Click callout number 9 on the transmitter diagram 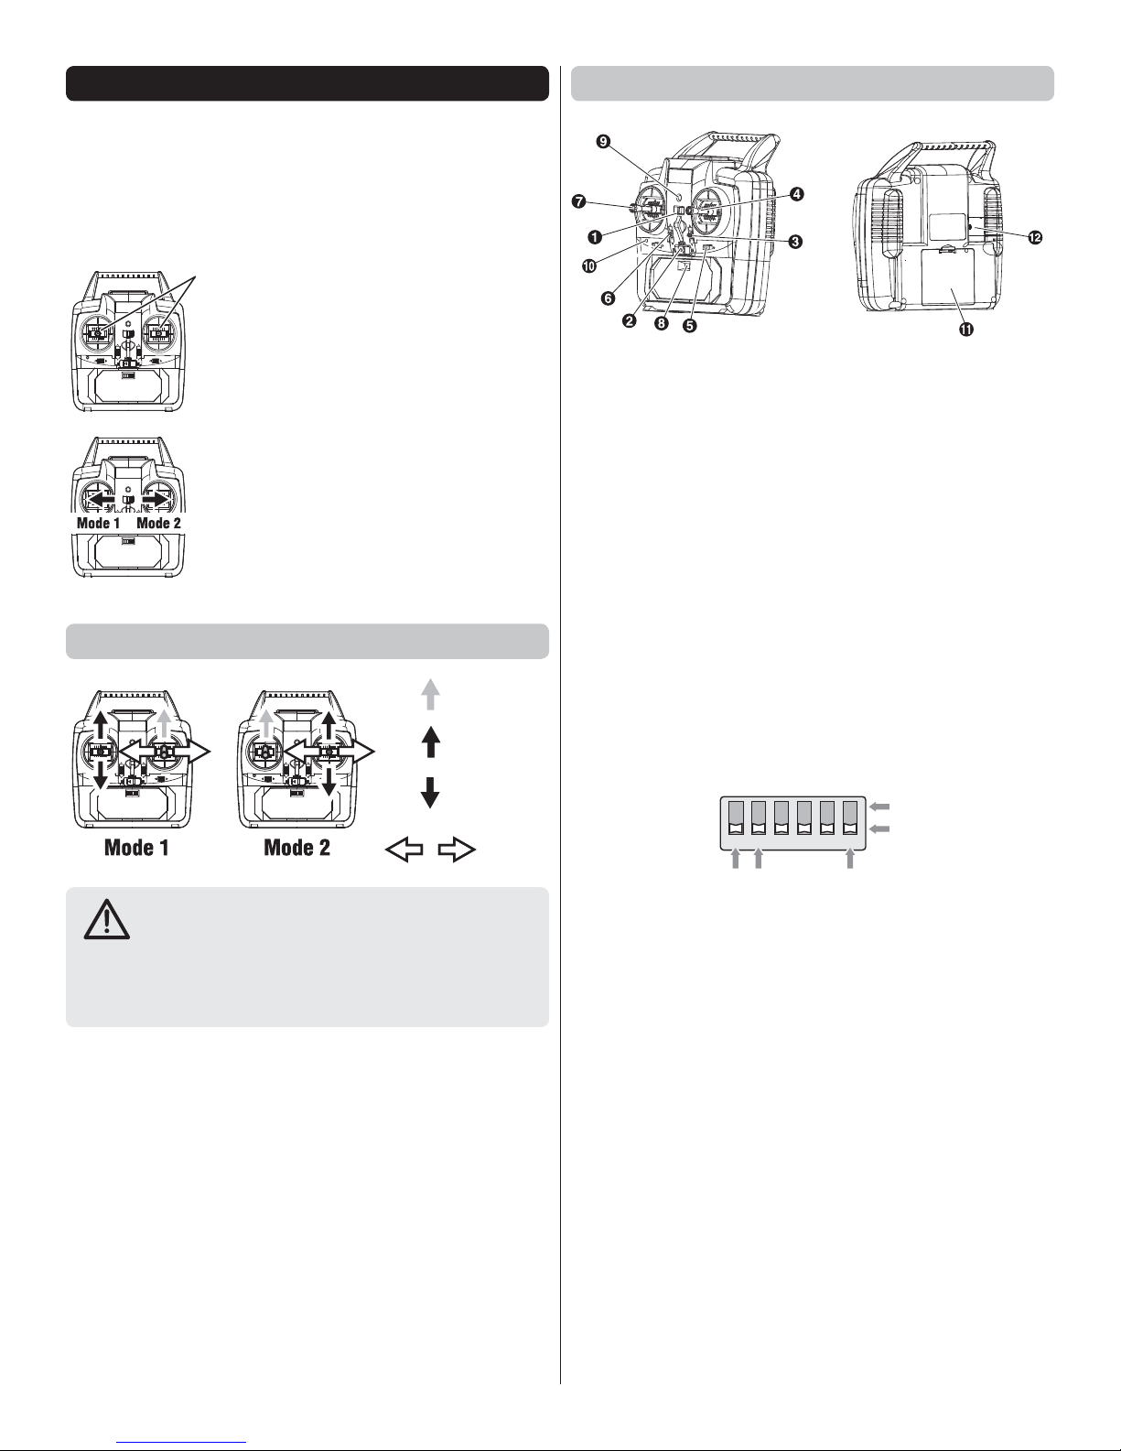click(603, 142)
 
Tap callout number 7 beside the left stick click(578, 201)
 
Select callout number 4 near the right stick click(797, 194)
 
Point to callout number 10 click(589, 265)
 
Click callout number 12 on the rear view click(1035, 237)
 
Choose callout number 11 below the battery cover click(965, 330)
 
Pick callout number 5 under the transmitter click(689, 326)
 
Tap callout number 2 click(630, 321)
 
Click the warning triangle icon click(107, 919)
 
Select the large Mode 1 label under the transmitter click(136, 848)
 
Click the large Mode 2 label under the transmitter click(296, 848)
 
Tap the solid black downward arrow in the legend click(430, 793)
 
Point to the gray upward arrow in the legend click(430, 695)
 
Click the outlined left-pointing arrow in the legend click(404, 850)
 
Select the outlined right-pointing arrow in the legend click(457, 850)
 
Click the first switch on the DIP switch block click(736, 818)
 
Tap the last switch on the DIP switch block click(850, 818)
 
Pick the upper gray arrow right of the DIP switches click(880, 807)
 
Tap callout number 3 click(795, 242)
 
